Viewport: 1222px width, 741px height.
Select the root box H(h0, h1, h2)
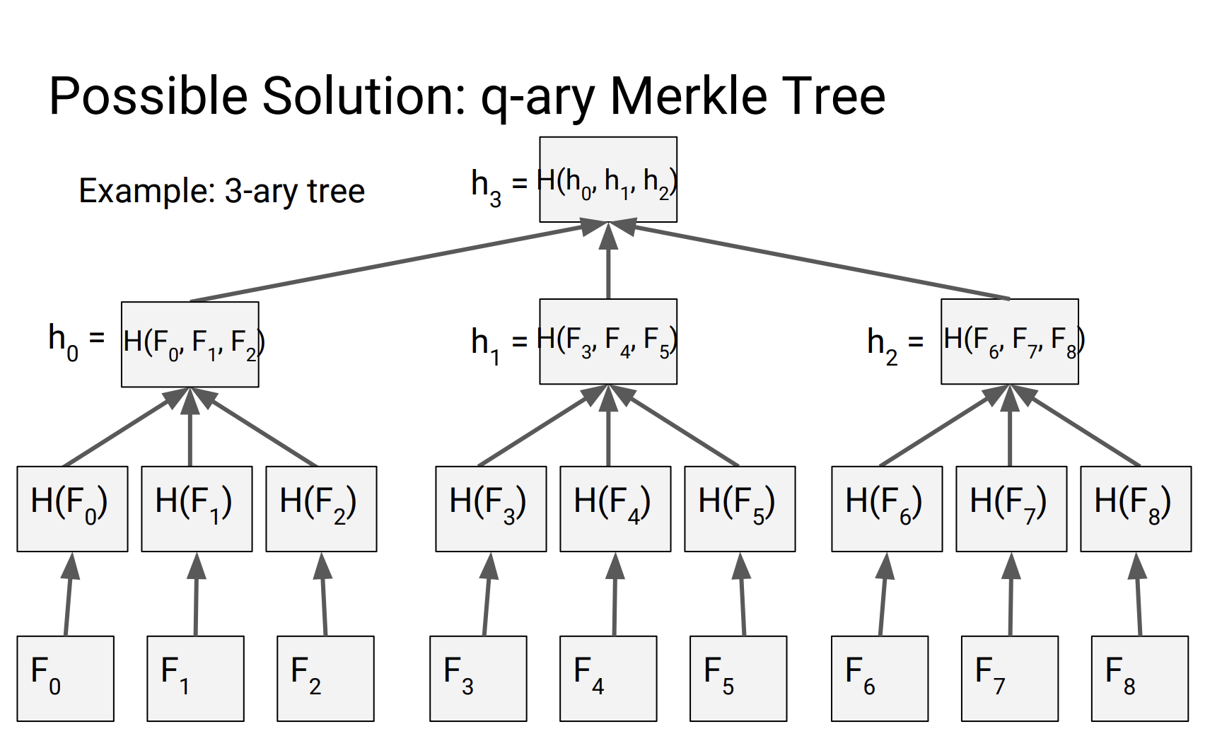tap(608, 180)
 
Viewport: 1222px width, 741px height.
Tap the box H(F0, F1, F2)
tap(190, 344)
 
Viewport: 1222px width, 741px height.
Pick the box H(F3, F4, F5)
tap(608, 342)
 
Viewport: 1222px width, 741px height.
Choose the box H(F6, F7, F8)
tap(1009, 342)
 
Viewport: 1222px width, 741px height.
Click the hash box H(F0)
tap(72, 508)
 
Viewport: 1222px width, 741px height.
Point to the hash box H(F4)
tap(615, 508)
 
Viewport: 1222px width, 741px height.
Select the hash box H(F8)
tap(1136, 508)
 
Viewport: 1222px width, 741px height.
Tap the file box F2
tap(325, 678)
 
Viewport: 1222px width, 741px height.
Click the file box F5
tap(738, 678)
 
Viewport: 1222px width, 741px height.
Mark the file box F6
tap(880, 678)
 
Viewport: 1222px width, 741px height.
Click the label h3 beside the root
tap(487, 187)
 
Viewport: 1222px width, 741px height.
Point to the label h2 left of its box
tap(883, 346)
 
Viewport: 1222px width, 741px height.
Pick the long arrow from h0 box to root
tap(389, 263)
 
